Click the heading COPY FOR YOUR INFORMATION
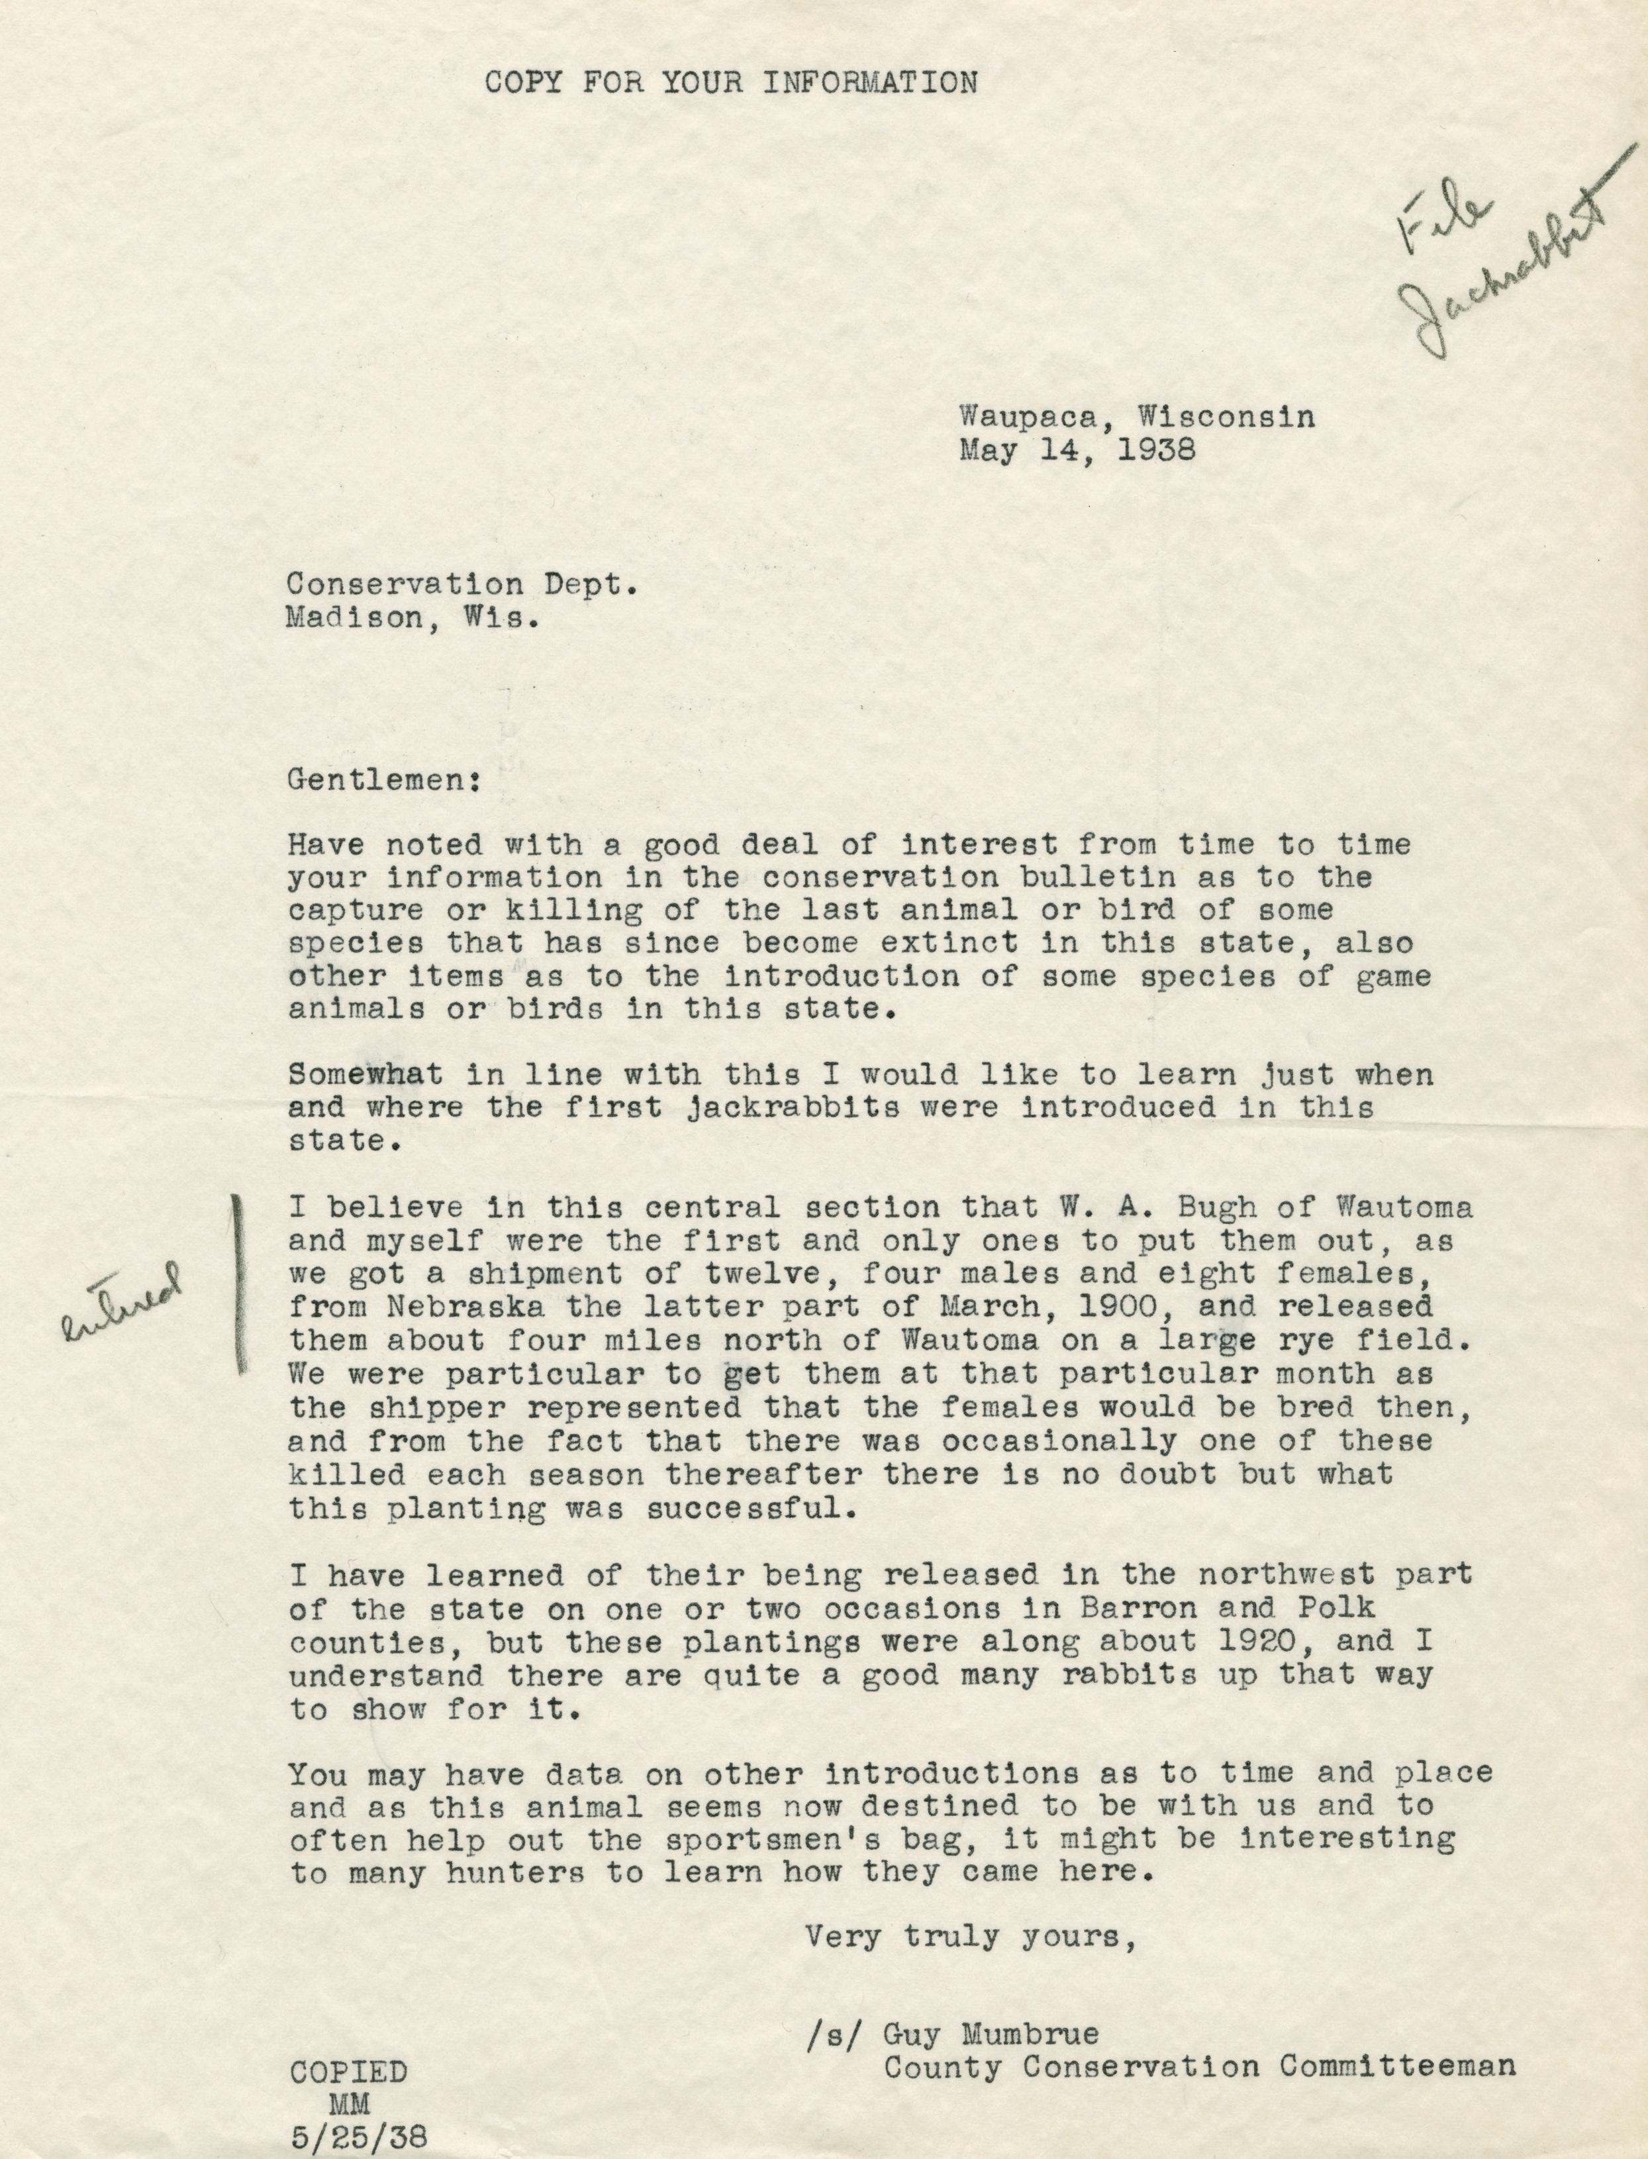(x=732, y=82)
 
